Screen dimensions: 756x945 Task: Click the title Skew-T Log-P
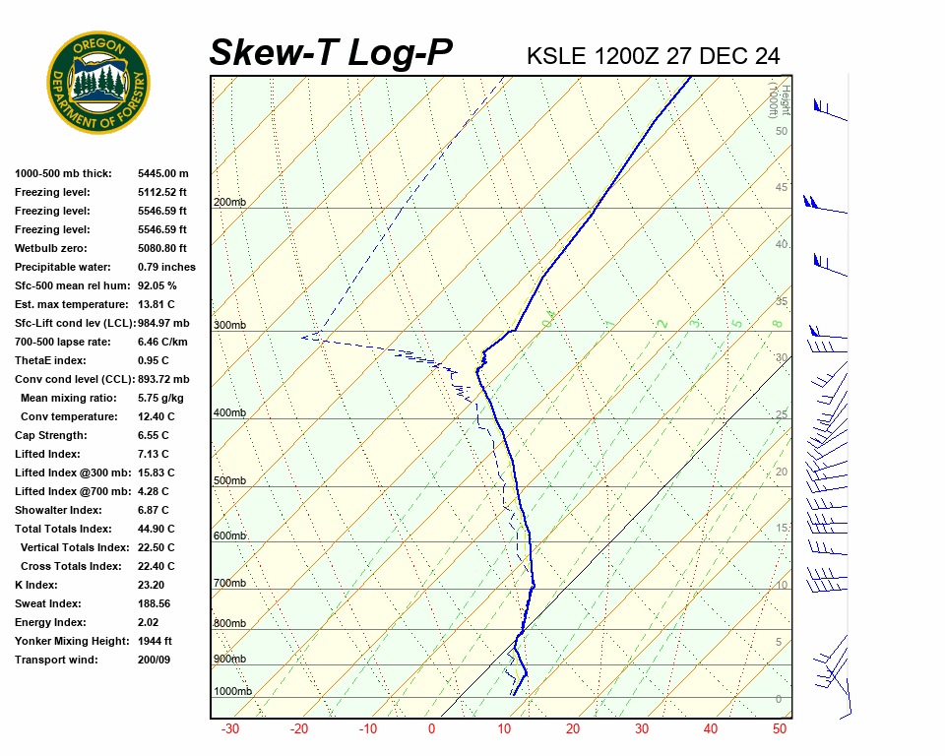click(331, 53)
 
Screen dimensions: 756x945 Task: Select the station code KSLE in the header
click(556, 56)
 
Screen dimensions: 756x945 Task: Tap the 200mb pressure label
click(229, 203)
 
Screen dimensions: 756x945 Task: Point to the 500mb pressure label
click(229, 481)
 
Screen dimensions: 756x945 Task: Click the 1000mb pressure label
click(232, 691)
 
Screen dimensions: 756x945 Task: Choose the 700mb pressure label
click(229, 584)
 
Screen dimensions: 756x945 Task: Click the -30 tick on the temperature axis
click(230, 729)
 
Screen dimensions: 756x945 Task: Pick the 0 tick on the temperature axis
click(431, 729)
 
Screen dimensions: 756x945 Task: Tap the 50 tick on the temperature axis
click(780, 729)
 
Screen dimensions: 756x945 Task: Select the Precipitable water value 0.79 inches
click(166, 267)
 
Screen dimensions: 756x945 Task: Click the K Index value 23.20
click(152, 585)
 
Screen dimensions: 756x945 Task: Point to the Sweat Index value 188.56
click(155, 603)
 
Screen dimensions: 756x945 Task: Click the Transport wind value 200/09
click(155, 660)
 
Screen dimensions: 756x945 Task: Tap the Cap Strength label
click(50, 435)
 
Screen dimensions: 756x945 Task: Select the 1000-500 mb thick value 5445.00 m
click(163, 173)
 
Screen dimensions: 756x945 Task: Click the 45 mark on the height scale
click(782, 188)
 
